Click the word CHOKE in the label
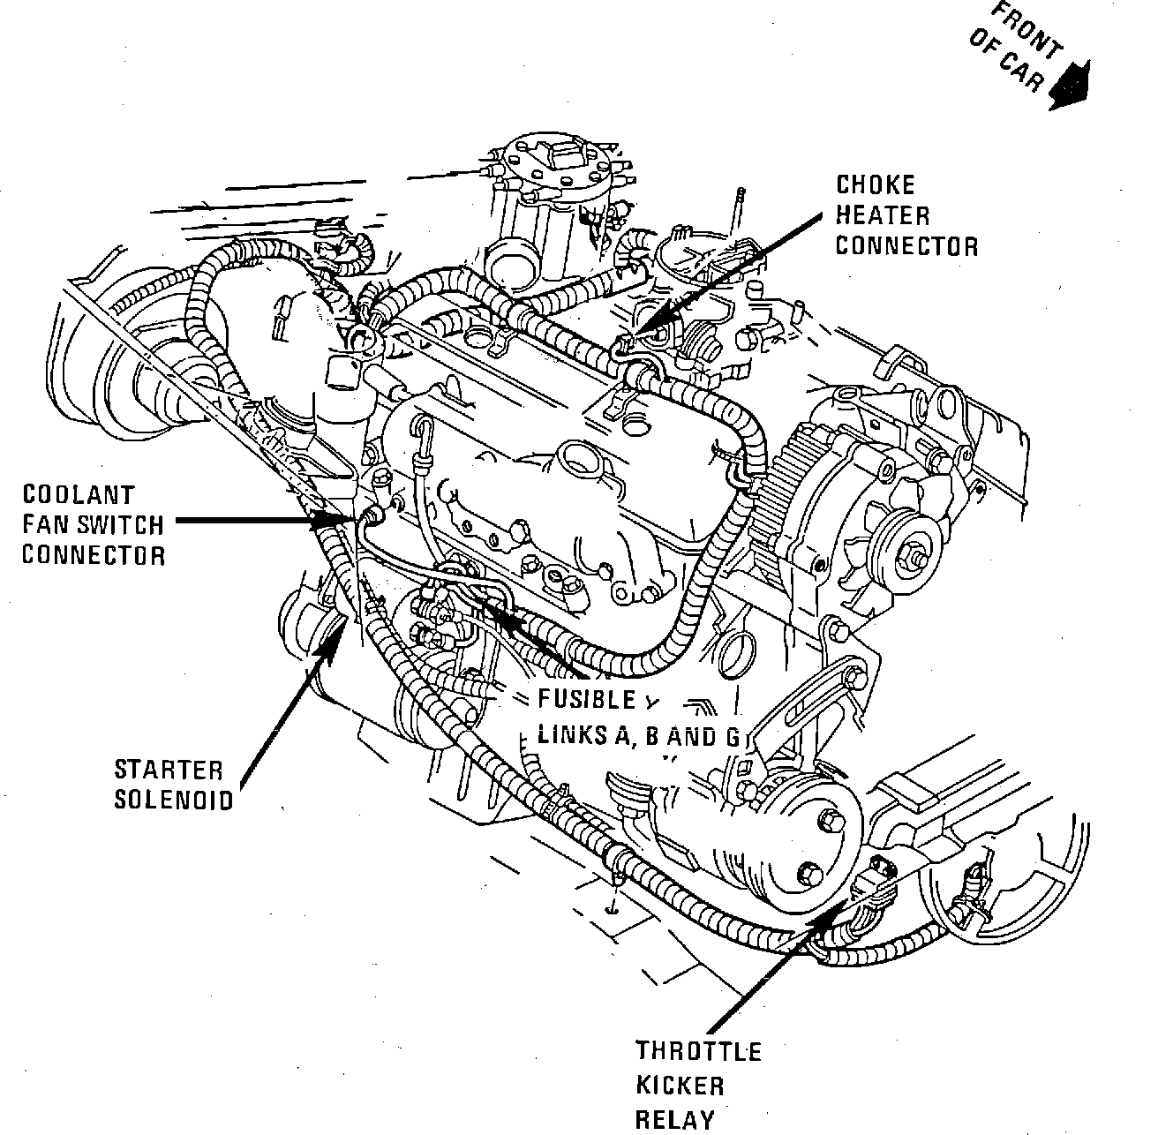pos(876,185)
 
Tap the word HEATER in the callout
pos(883,215)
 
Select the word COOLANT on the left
pos(79,495)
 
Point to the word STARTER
pos(169,770)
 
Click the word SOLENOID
pos(172,800)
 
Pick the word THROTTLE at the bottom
pos(698,1051)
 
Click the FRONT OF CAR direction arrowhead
pos(1071,86)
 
